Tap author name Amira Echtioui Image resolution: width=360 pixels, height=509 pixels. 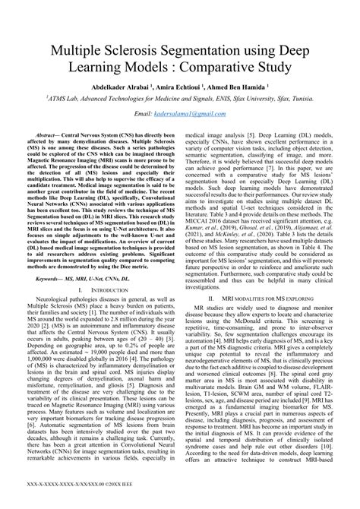tap(185, 87)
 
